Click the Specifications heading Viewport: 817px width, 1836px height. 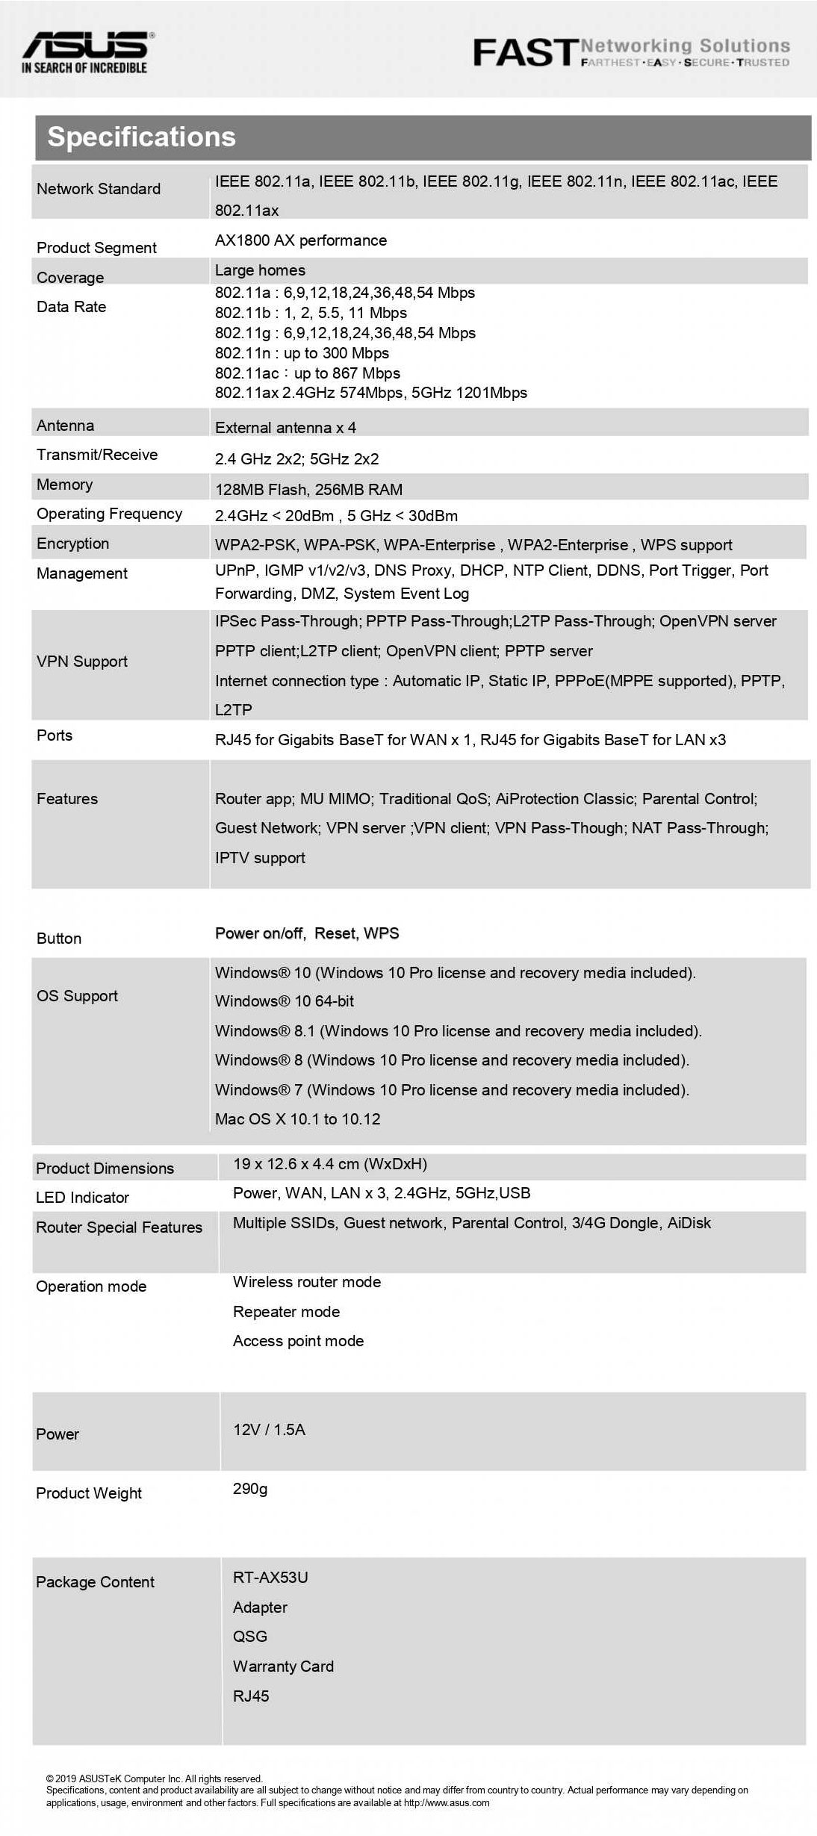click(x=141, y=137)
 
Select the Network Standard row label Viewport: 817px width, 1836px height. click(x=99, y=189)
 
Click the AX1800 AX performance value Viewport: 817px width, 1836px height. click(x=301, y=240)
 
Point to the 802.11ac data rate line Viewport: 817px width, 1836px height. click(x=308, y=373)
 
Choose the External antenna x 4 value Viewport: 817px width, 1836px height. click(x=285, y=428)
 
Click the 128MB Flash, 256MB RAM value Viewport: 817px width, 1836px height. click(x=308, y=490)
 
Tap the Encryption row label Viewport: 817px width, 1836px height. click(x=72, y=544)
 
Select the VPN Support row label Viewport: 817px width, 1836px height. click(x=82, y=662)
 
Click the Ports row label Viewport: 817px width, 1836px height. click(x=55, y=735)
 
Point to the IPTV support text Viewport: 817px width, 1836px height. click(x=260, y=858)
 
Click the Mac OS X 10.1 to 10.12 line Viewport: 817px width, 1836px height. click(x=297, y=1119)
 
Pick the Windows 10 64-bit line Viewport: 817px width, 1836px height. click(x=285, y=1001)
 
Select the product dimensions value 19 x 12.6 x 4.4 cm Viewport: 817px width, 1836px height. click(x=330, y=1164)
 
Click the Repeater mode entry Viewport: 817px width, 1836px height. click(x=286, y=1312)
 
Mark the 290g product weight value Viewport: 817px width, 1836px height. click(x=250, y=1489)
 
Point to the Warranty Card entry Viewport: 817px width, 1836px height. click(x=283, y=1667)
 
